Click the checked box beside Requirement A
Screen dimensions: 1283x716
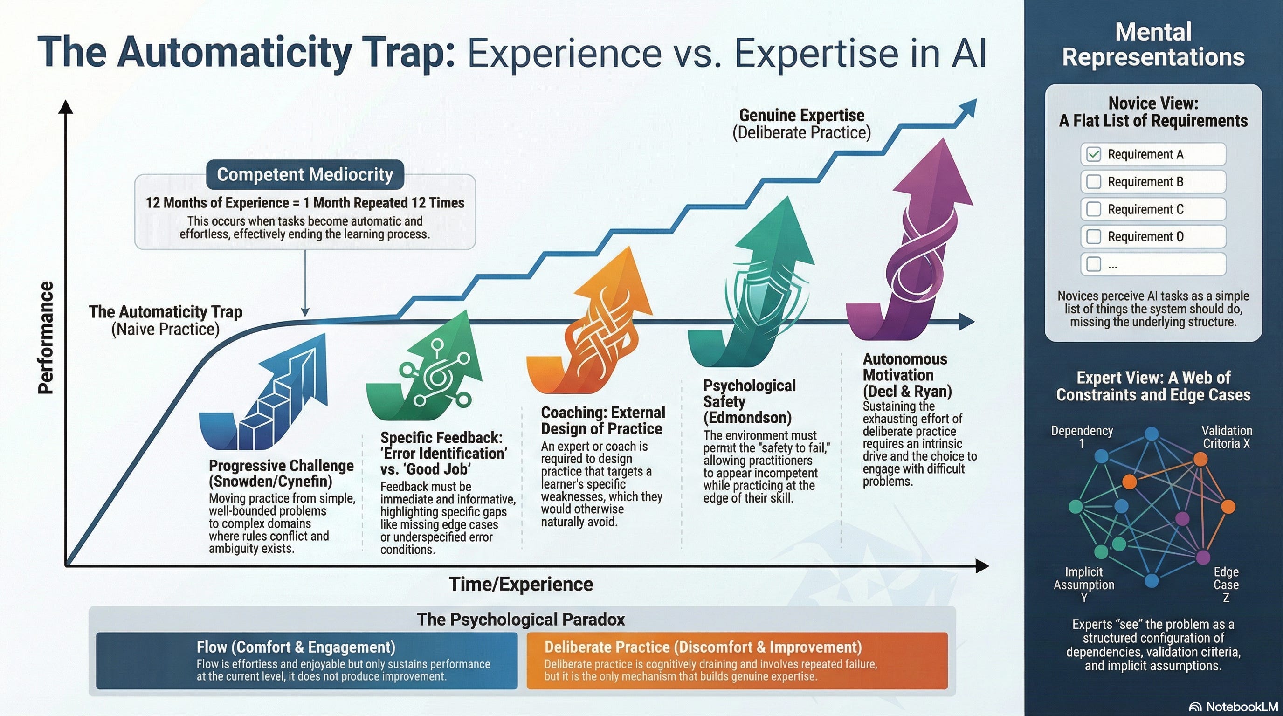(1094, 154)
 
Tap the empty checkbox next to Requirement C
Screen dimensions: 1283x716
(1094, 209)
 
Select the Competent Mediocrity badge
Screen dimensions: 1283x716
(305, 174)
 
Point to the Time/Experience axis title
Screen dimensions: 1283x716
(521, 584)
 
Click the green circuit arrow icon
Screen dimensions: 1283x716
(428, 368)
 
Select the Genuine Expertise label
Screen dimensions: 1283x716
(801, 124)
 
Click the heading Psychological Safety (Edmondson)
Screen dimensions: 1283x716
(749, 401)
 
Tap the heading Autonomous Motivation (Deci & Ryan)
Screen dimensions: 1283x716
(907, 375)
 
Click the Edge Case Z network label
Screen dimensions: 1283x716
(1226, 585)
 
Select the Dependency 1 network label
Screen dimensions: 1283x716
(1082, 437)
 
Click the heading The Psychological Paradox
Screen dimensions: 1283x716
(520, 620)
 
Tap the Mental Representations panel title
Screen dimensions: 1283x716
(1153, 45)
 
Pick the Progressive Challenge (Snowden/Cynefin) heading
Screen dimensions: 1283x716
(281, 473)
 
